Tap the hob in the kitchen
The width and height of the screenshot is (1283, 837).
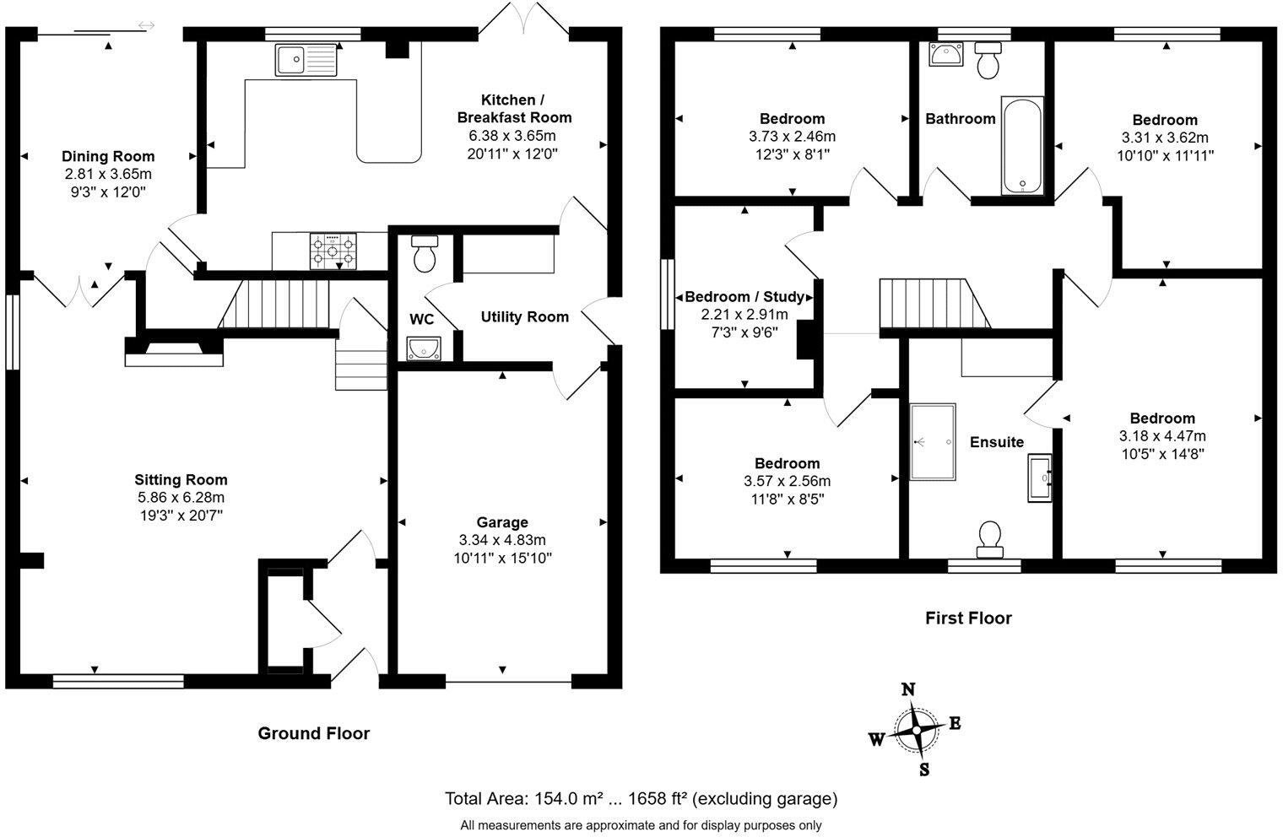[x=333, y=251]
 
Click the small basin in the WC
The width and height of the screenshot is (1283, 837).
[x=420, y=348]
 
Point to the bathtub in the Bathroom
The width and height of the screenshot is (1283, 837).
[x=1022, y=145]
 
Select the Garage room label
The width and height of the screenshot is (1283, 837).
[x=502, y=522]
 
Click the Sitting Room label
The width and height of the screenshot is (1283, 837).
[x=181, y=480]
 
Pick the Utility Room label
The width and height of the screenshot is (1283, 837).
[x=524, y=317]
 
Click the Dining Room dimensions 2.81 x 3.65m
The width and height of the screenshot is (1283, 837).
[x=108, y=174]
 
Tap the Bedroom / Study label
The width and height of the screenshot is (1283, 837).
[x=744, y=297]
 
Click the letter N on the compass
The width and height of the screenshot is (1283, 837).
[x=909, y=689]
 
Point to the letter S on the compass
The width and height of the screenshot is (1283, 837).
[x=924, y=769]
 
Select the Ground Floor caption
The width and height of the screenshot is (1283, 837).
[x=313, y=733]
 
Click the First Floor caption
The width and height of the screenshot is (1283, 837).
[x=967, y=618]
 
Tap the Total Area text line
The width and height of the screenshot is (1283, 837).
[x=641, y=798]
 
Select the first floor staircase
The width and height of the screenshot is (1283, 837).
[x=933, y=303]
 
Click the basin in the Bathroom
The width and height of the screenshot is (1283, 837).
[x=944, y=54]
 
